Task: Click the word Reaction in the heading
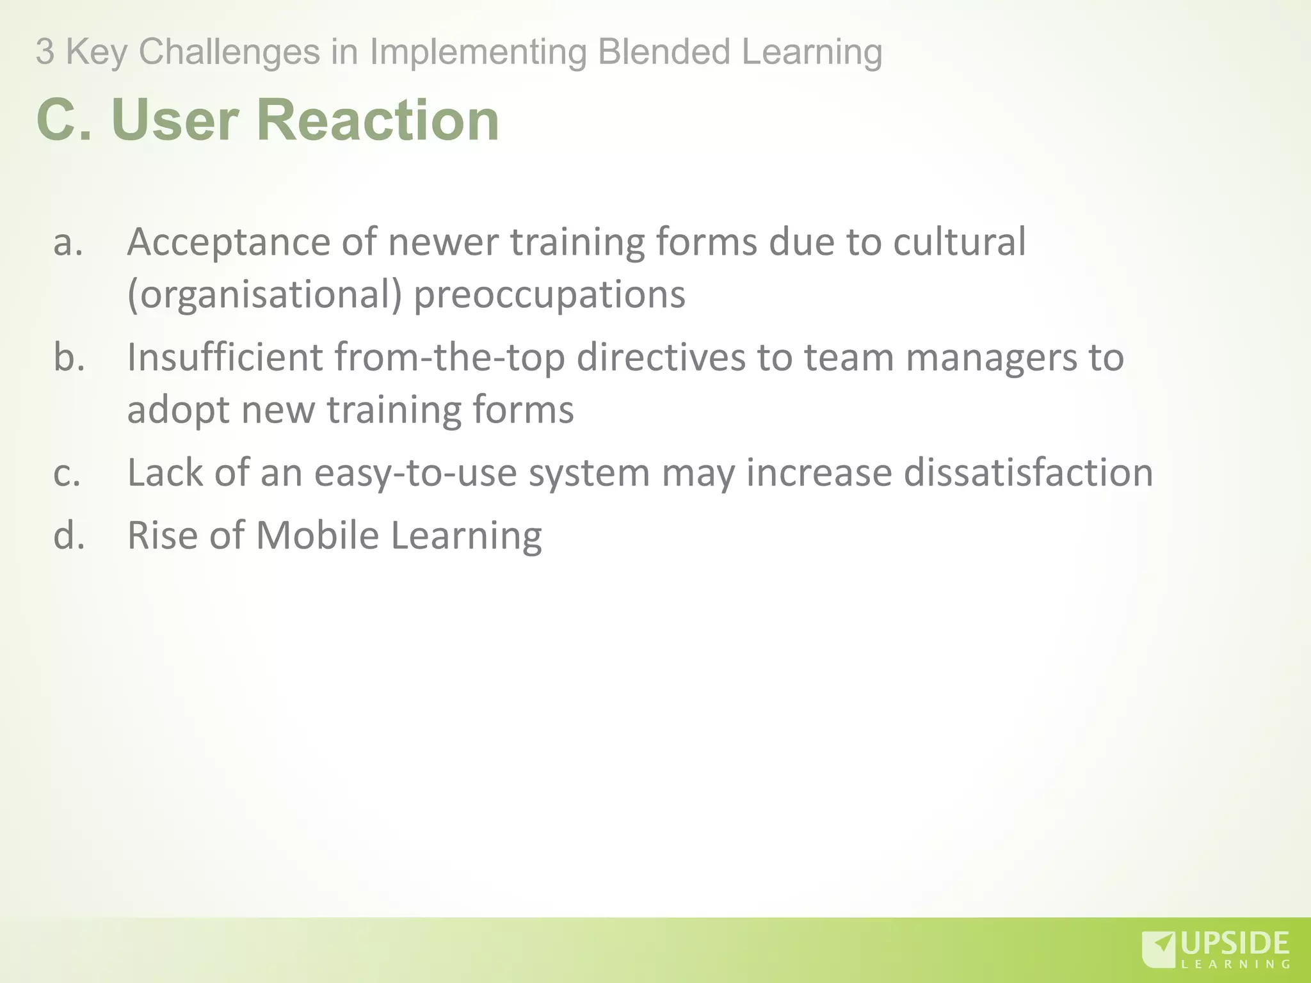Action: (x=378, y=120)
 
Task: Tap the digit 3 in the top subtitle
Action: (x=45, y=52)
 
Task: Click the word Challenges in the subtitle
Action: (x=229, y=52)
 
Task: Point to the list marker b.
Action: (x=69, y=357)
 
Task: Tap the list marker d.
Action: (x=69, y=535)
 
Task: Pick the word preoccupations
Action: (x=549, y=295)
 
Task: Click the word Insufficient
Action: (x=225, y=357)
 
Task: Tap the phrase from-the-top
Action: (x=449, y=357)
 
